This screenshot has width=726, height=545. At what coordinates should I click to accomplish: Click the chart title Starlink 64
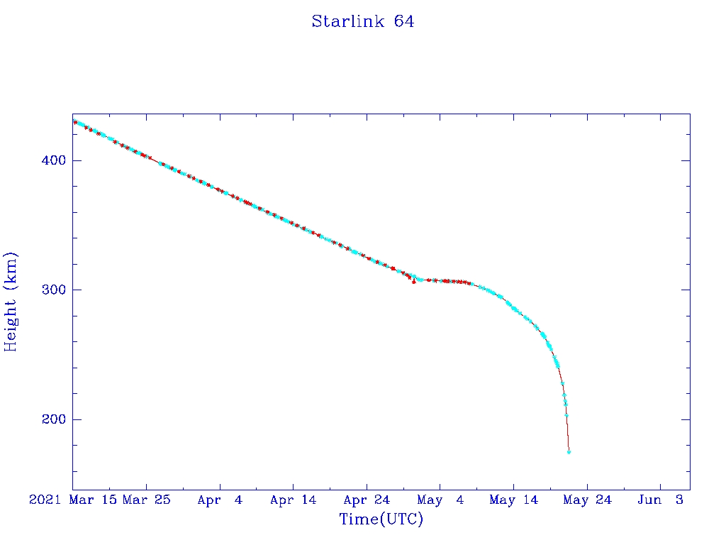363,22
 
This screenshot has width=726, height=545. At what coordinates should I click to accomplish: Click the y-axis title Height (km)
11,302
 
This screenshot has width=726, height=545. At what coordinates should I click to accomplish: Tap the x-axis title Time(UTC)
381,519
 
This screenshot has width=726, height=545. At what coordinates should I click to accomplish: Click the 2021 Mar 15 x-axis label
72,500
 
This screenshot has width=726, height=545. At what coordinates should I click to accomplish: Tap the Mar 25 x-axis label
146,500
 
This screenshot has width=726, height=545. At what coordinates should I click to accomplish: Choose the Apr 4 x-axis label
220,500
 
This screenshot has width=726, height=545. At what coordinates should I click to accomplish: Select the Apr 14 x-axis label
293,500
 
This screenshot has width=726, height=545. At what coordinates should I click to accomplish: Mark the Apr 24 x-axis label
367,500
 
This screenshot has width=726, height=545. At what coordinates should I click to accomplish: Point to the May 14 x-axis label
513,500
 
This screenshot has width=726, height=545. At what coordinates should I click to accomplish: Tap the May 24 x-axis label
587,500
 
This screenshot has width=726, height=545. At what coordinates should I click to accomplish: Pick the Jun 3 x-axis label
660,500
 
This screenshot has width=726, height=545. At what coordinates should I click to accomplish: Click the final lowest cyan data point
569,452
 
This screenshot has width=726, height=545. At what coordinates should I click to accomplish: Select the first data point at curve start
74,122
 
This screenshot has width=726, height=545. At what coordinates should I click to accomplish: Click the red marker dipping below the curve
414,282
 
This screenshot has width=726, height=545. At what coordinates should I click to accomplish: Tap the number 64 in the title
404,22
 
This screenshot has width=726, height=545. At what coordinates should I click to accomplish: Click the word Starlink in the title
347,22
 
